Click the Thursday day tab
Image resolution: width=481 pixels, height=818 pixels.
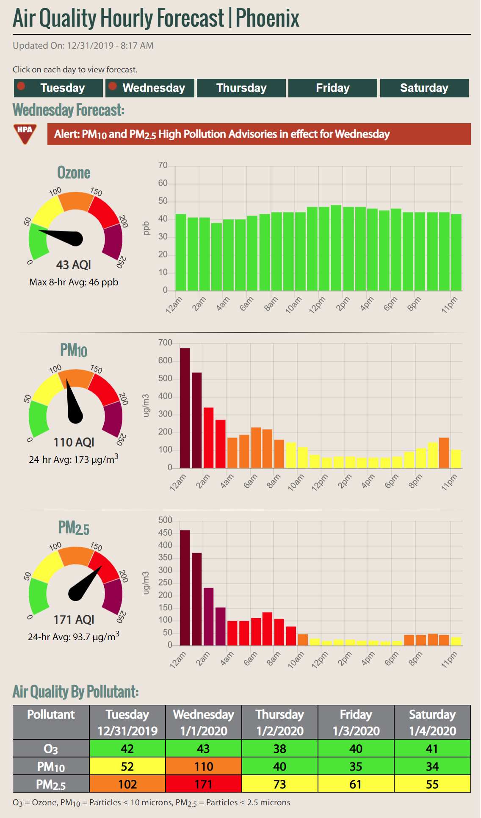(x=241, y=88)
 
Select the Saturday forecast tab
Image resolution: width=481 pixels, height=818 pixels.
(x=424, y=88)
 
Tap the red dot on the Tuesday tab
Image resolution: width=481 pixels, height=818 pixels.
(x=21, y=86)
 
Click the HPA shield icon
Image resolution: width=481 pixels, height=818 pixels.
(x=25, y=134)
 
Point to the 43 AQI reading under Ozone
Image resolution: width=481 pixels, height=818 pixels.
(x=74, y=265)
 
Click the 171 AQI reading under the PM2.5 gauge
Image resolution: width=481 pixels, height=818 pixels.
(x=74, y=620)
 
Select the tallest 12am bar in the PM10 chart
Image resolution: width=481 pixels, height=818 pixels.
(x=185, y=408)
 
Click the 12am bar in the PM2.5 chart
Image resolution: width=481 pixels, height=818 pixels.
(x=185, y=588)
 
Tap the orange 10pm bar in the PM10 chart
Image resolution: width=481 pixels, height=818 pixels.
(x=444, y=453)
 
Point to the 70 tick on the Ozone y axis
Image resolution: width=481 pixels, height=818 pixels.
(x=163, y=166)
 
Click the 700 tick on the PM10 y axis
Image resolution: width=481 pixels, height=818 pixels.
(x=165, y=343)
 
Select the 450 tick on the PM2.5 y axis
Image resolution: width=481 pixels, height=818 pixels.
(x=165, y=533)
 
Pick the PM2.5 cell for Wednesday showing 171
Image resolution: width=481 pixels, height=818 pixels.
(x=204, y=784)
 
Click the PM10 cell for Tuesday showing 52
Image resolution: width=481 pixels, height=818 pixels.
(x=127, y=766)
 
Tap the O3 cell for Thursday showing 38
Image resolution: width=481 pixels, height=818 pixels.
(x=280, y=748)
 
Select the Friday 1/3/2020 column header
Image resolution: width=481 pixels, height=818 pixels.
(x=356, y=722)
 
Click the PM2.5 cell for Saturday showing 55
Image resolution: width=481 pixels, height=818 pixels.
(x=432, y=784)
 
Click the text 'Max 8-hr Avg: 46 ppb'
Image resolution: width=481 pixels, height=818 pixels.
(x=74, y=282)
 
